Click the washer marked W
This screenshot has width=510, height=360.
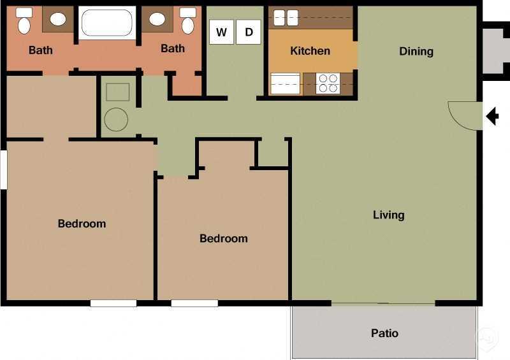point(221,32)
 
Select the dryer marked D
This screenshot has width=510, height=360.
point(249,32)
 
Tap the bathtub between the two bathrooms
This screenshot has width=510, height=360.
point(107,23)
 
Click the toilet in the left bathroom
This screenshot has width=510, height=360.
point(24,22)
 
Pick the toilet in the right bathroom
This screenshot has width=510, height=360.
point(188,22)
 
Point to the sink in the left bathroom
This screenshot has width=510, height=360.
point(58,19)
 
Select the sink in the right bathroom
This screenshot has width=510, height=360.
point(157,19)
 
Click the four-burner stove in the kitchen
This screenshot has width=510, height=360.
point(328,83)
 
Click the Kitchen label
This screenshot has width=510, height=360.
point(310,51)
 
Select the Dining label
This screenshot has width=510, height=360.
point(416,51)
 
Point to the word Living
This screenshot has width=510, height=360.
point(388,215)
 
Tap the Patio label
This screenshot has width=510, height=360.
point(384,333)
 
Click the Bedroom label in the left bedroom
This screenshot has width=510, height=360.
point(82,224)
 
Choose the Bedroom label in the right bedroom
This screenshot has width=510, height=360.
point(223,238)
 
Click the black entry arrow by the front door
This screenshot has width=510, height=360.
point(492,117)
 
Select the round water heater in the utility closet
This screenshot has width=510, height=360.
point(116,119)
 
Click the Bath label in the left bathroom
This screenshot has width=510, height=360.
point(41,50)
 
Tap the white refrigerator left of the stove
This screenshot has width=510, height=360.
point(285,83)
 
